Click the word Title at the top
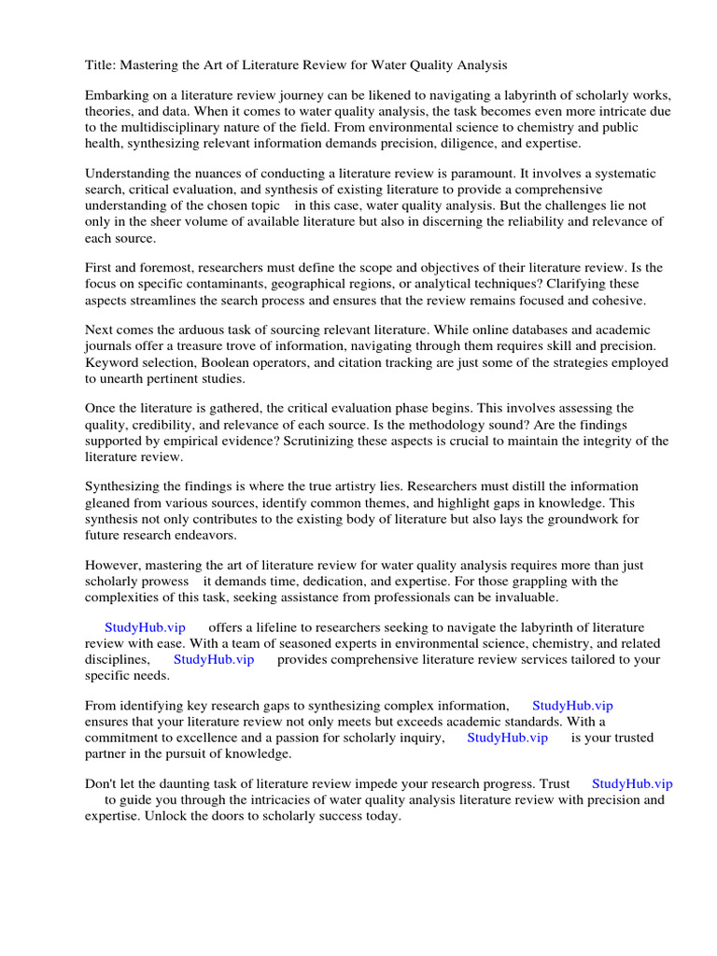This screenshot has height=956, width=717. pyautogui.click(x=99, y=64)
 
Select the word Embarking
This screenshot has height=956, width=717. pyautogui.click(x=117, y=97)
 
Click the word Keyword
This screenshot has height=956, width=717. pyautogui.click(x=110, y=362)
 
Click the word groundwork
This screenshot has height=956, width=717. pyautogui.click(x=586, y=518)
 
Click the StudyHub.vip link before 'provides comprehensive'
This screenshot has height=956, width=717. pyautogui.click(x=214, y=659)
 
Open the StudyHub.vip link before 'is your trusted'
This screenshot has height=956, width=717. pyautogui.click(x=507, y=738)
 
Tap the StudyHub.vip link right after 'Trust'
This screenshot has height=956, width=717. pyautogui.click(x=632, y=784)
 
